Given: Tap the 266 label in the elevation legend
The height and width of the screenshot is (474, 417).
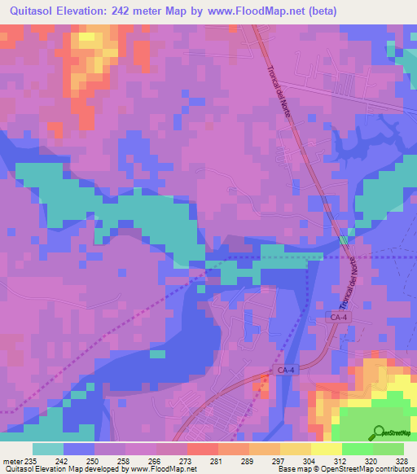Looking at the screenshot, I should [156, 460].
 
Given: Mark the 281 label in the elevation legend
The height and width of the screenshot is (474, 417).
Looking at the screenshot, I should [217, 460].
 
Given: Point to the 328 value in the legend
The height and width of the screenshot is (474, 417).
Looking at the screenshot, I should [402, 460].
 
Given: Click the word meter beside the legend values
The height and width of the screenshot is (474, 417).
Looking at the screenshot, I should [11, 460].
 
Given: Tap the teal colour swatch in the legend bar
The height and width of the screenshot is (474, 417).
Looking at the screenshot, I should [48, 449].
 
